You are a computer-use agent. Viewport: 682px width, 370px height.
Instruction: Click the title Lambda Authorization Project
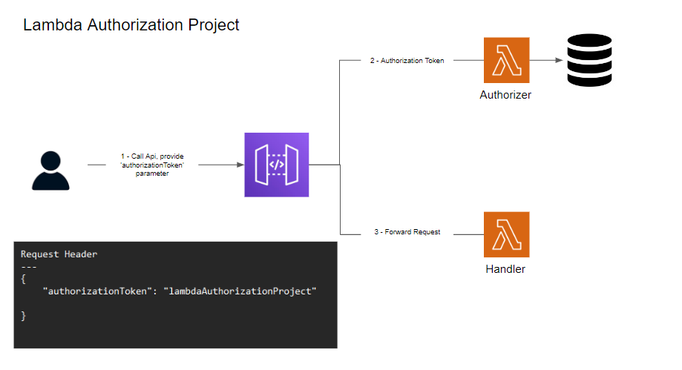tap(131, 25)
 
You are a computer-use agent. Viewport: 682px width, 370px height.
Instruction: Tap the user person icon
tap(50, 171)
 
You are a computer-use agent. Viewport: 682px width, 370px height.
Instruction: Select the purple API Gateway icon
tap(276, 165)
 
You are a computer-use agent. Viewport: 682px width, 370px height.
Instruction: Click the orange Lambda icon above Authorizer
tap(505, 60)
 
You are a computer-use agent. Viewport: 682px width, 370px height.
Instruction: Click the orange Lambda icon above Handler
tap(505, 234)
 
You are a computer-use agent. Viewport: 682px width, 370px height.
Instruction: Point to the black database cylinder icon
tap(589, 62)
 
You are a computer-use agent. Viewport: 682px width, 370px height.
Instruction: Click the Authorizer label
tap(505, 95)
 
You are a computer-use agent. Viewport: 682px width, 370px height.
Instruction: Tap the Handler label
tap(505, 269)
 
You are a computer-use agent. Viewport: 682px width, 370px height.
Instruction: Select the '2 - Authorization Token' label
tap(407, 61)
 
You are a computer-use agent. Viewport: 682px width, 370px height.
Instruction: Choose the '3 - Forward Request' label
tap(407, 232)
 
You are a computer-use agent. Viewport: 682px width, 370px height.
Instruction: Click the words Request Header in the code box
tap(59, 254)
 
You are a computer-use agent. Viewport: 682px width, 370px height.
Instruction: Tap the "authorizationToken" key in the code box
tap(99, 291)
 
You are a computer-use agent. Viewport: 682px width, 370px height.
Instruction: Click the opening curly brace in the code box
tap(24, 279)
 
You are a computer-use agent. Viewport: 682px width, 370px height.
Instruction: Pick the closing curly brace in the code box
tap(24, 316)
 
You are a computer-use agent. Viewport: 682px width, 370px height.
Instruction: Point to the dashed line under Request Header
tap(29, 266)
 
